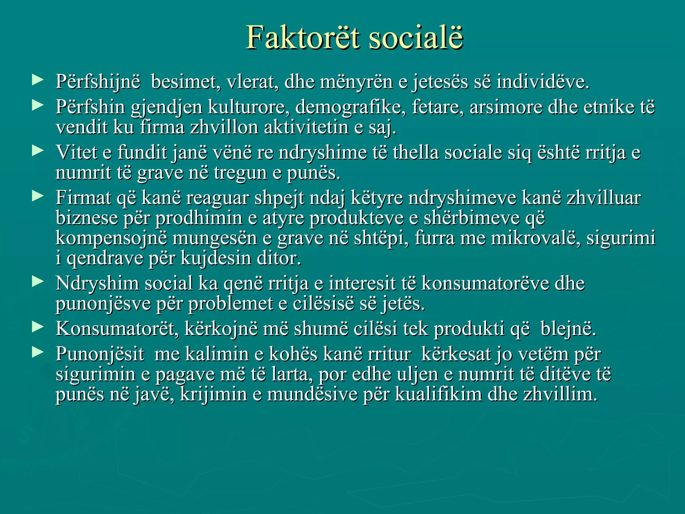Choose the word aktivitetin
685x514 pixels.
pyautogui.click(x=306, y=127)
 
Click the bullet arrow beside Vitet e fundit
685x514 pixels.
pyautogui.click(x=37, y=151)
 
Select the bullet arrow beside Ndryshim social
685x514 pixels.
pyautogui.click(x=37, y=281)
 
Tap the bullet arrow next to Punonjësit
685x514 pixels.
pyautogui.click(x=37, y=352)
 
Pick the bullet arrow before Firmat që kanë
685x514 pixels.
pyautogui.click(x=37, y=196)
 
